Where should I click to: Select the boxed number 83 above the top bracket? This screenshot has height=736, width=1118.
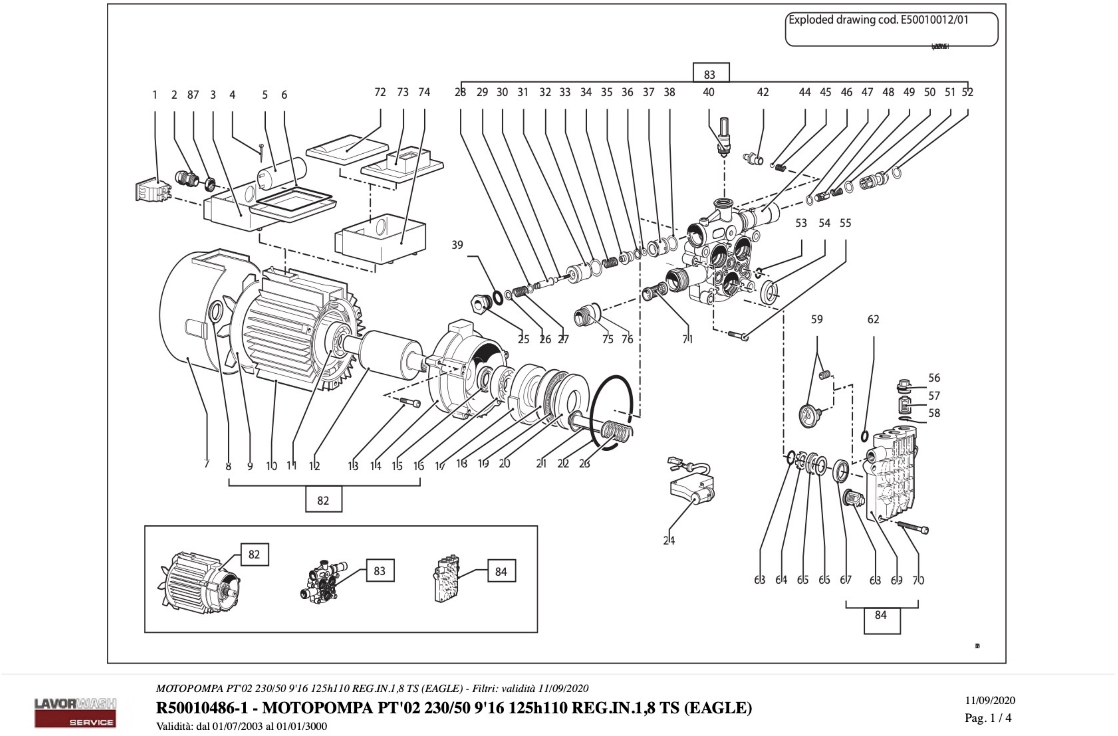coord(711,74)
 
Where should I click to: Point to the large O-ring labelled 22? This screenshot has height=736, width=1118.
coord(611,413)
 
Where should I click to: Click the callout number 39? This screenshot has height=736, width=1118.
coord(457,245)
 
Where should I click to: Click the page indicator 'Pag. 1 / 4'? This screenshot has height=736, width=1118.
coord(988,718)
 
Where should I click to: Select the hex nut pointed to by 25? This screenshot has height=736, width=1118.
coord(480,304)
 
